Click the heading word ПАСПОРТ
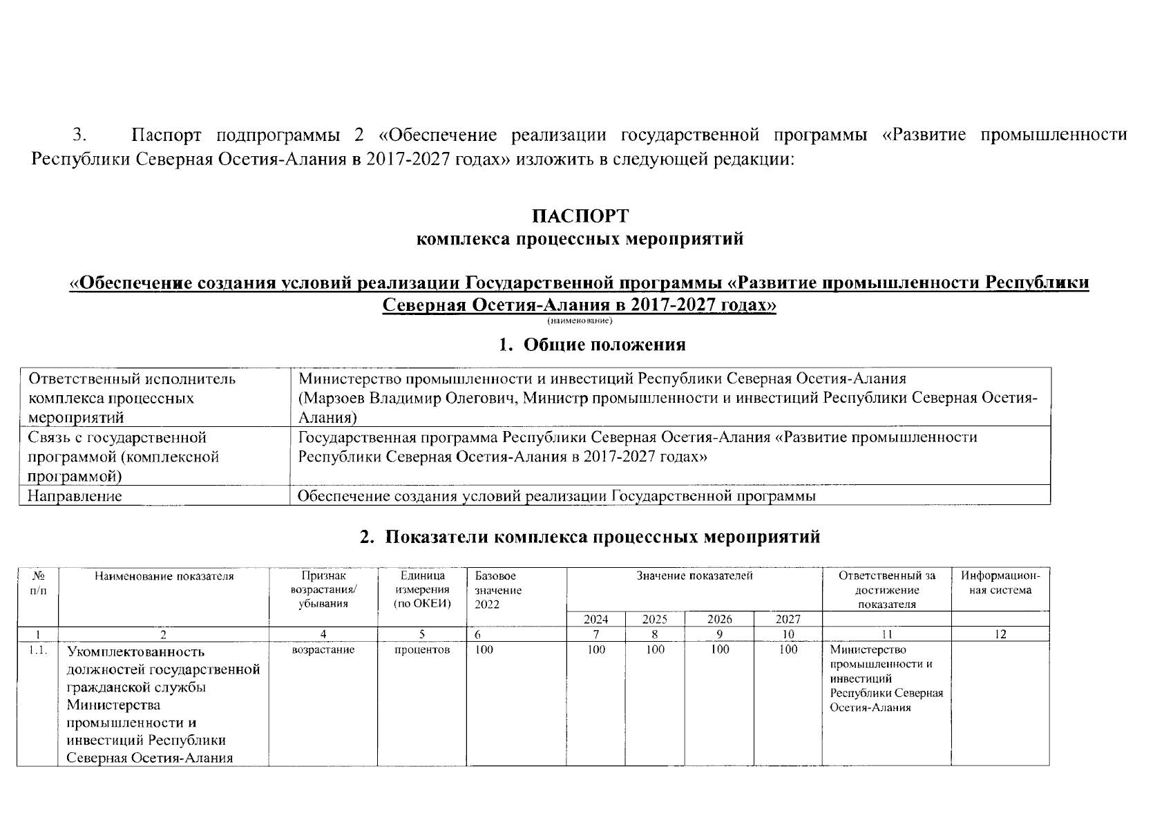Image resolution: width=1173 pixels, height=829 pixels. [x=580, y=216]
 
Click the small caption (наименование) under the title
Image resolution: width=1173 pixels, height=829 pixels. [x=580, y=321]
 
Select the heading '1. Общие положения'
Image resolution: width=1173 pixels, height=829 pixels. [x=592, y=344]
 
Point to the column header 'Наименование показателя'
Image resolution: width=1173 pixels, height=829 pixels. [x=164, y=576]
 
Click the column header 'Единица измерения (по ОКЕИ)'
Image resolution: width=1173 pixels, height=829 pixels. [x=421, y=589]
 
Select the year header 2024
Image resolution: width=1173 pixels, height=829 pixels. [x=596, y=620]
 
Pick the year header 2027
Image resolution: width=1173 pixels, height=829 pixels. [x=788, y=620]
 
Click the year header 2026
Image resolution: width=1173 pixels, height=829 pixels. [x=719, y=620]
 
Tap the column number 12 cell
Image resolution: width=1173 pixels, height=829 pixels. [x=1000, y=634]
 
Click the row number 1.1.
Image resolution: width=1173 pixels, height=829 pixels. [x=38, y=650]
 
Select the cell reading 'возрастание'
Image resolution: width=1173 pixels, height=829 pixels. [x=323, y=650]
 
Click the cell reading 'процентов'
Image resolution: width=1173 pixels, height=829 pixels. [x=421, y=650]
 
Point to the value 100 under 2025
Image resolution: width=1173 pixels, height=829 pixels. [x=654, y=649]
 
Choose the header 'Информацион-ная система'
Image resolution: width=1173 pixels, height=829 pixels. [x=1000, y=582]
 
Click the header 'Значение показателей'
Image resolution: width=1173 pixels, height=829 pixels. [x=694, y=575]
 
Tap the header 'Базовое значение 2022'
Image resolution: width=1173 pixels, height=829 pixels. [x=498, y=589]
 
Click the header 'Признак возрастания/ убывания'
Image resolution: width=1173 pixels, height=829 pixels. [x=323, y=589]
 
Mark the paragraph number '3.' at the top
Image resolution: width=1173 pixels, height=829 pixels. [x=82, y=134]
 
